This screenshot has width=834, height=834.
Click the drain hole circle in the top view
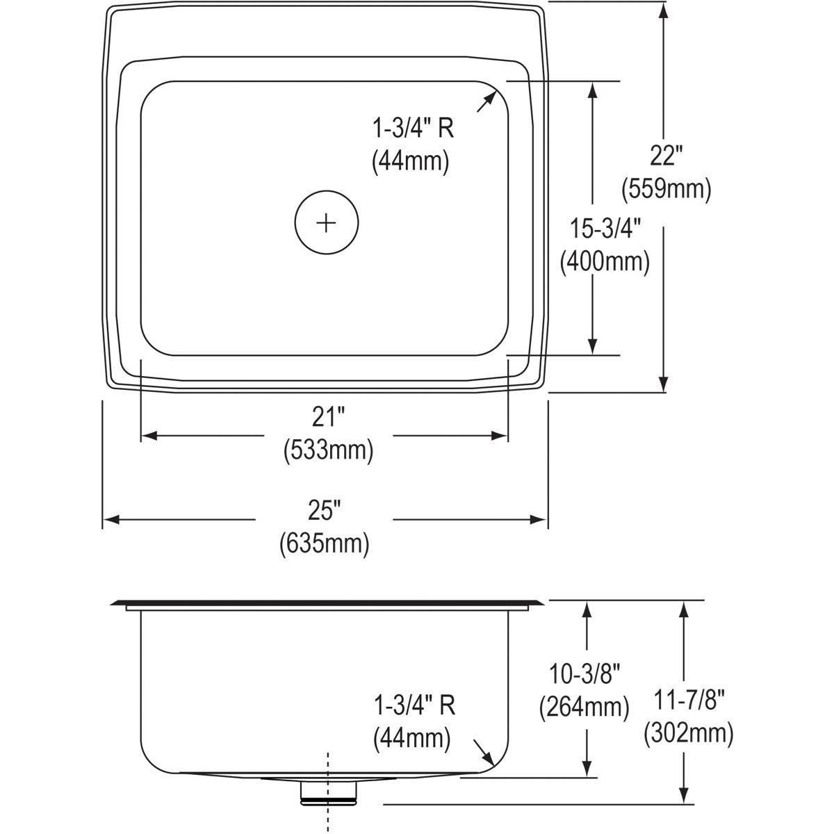(x=326, y=222)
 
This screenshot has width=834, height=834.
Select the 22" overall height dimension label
(x=663, y=156)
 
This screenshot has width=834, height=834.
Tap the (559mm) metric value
(x=667, y=189)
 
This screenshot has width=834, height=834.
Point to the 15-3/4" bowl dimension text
(x=604, y=228)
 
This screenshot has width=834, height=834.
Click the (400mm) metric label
(x=605, y=261)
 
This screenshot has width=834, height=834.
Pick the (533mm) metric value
(x=328, y=450)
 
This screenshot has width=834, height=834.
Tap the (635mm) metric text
(x=324, y=543)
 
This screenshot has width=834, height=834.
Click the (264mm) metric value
(x=584, y=707)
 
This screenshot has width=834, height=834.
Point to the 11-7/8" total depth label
(x=689, y=700)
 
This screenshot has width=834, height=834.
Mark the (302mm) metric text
(x=689, y=733)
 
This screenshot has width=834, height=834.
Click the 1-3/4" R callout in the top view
(x=414, y=128)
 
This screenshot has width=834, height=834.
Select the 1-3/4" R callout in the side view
(x=414, y=705)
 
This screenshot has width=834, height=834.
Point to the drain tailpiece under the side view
(x=328, y=792)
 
